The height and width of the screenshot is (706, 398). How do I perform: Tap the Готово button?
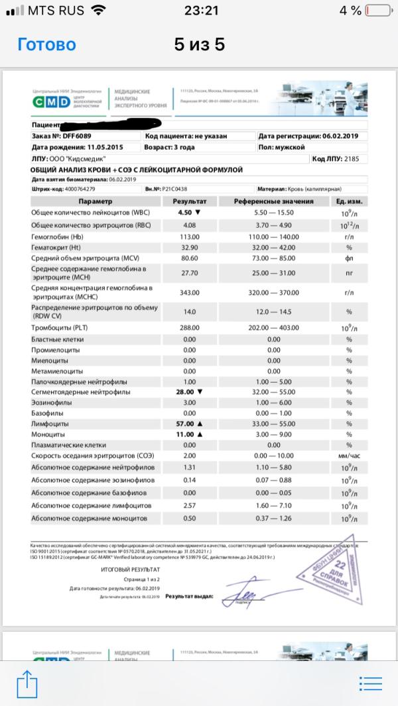click(x=46, y=45)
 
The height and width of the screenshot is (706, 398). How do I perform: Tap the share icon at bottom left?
click(x=26, y=681)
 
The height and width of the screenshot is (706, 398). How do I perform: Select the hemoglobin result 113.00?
click(x=190, y=236)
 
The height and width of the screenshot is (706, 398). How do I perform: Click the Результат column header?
click(x=190, y=201)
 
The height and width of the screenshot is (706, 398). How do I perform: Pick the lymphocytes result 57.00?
click(x=185, y=423)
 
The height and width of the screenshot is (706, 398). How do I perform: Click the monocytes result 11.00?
click(x=185, y=434)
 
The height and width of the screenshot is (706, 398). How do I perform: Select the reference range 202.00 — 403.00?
click(x=273, y=328)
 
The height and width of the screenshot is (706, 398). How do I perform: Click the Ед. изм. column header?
click(x=348, y=201)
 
